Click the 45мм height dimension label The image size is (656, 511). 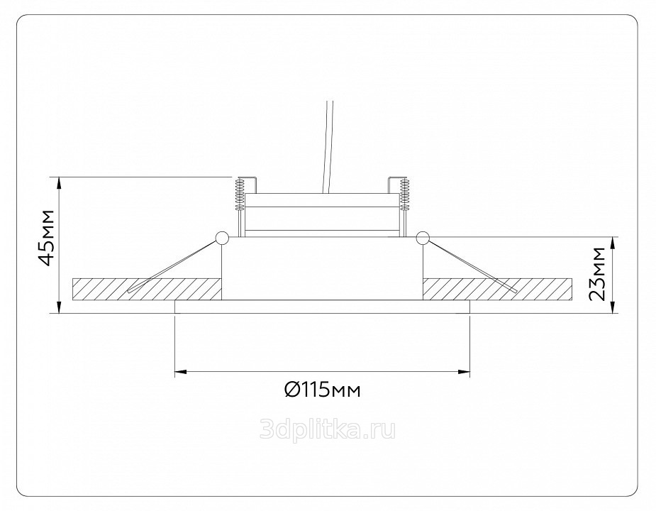pos(46,238)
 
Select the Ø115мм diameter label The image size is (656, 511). pos(322,390)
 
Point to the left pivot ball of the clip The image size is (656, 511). pos(221,238)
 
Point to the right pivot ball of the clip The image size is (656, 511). pos(423,238)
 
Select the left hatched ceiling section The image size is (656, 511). pos(147,289)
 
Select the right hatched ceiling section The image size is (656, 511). pos(497,289)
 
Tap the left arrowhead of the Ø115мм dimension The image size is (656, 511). pos(180,371)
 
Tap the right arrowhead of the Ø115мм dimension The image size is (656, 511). pos(465,371)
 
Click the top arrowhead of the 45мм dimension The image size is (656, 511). pos(60,182)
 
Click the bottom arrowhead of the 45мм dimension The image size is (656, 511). pos(60,307)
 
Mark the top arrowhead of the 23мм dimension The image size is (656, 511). pos(613,243)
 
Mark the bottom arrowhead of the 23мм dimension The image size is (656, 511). pos(613,307)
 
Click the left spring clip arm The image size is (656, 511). pos(173,265)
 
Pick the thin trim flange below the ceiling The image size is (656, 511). pos(322,307)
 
